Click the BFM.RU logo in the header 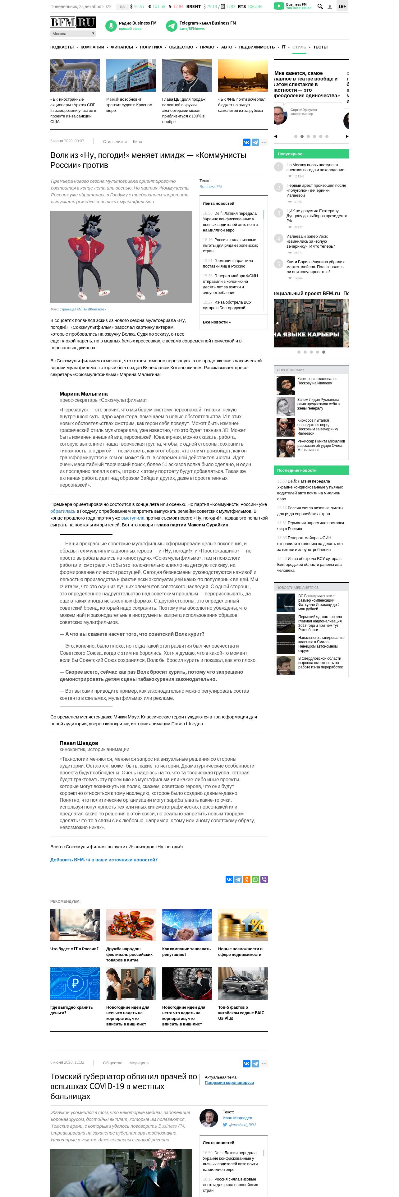click(73, 22)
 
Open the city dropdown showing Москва click(73, 34)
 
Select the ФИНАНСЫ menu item click(122, 47)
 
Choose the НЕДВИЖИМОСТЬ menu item click(257, 47)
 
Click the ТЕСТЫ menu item click(320, 47)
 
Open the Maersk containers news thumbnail click(131, 75)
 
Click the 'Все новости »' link click(217, 322)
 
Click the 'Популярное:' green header click(291, 154)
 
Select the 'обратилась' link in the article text click(63, 511)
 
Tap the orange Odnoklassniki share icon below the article click(247, 879)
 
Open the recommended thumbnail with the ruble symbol click(75, 983)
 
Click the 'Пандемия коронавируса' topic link click(229, 1083)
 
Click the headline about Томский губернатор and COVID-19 click(124, 1086)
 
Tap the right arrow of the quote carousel click(346, 136)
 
